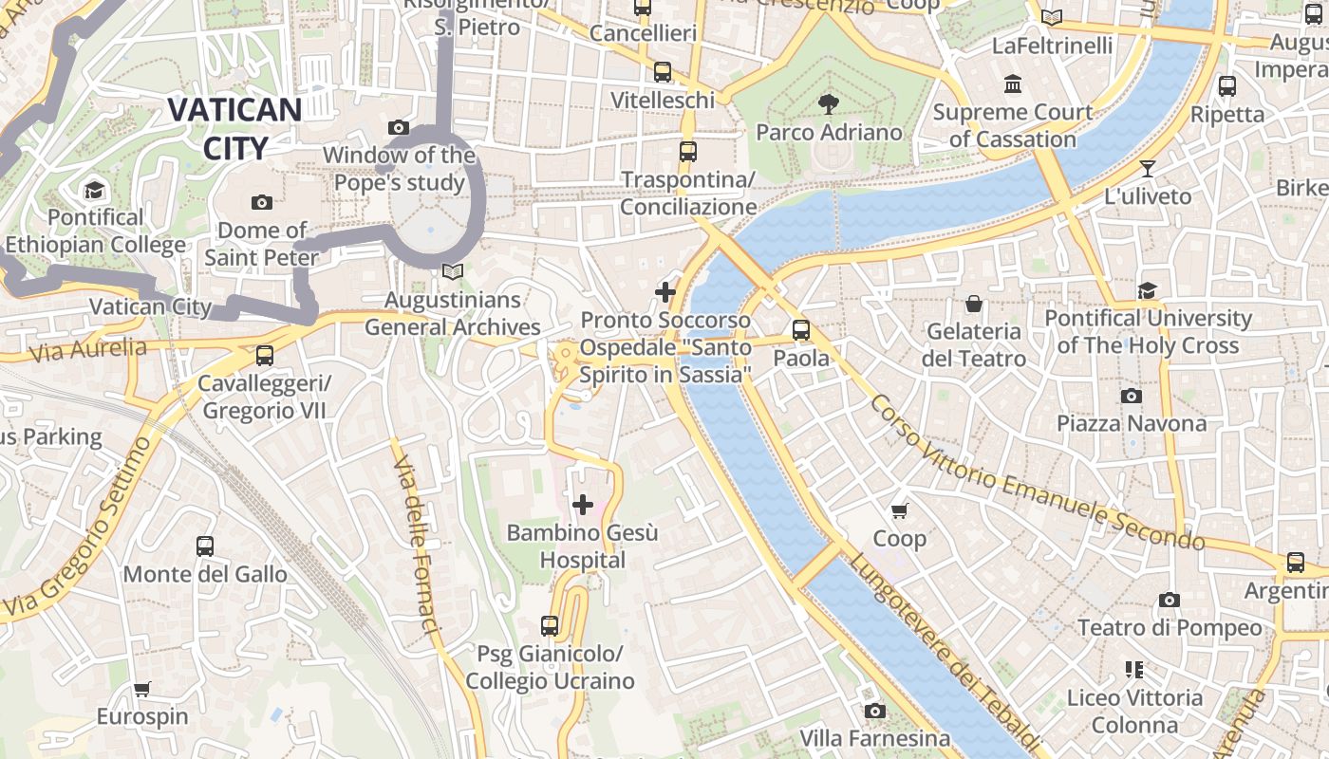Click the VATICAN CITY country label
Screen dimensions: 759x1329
[x=234, y=128]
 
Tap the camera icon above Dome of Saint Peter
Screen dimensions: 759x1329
[x=262, y=202]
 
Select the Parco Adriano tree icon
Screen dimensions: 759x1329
[x=829, y=103]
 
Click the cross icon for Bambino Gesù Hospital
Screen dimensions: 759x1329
[x=583, y=505]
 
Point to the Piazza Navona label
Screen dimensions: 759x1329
[x=1132, y=423]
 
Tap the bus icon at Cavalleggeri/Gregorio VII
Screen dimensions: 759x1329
[x=265, y=356]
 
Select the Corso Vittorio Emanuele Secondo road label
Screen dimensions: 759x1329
[x=1037, y=472]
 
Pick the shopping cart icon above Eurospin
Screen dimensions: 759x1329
[x=142, y=689]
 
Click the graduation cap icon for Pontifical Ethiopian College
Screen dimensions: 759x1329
[x=94, y=191]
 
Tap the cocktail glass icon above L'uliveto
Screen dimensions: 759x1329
[x=1148, y=169]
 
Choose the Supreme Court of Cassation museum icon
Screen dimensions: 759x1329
[x=1012, y=84]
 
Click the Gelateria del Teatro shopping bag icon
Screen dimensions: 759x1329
[x=974, y=304]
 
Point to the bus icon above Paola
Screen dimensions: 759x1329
[x=801, y=330]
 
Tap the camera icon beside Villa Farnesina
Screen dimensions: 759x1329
[x=874, y=711]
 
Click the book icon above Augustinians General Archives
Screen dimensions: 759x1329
[x=453, y=272]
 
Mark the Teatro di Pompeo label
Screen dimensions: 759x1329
[x=1170, y=627]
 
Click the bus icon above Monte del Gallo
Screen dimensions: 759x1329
[x=205, y=546]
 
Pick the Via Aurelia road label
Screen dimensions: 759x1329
[x=88, y=350]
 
